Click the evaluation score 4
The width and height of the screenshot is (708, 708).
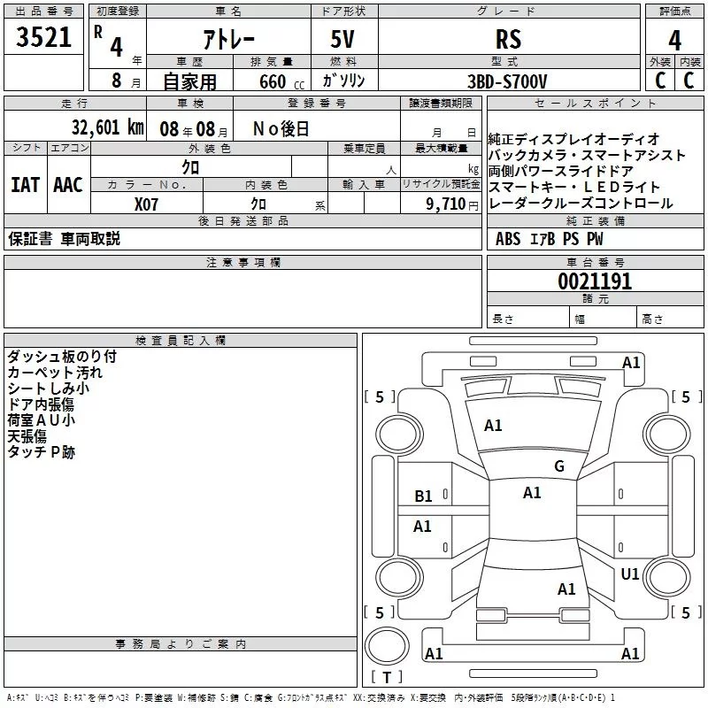(x=675, y=40)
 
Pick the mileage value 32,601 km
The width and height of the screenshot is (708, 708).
(x=107, y=127)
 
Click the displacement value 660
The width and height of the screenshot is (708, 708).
(x=273, y=81)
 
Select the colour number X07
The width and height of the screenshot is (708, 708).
(x=147, y=203)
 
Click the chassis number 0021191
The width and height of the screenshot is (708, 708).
(x=595, y=281)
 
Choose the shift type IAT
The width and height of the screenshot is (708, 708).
(x=25, y=184)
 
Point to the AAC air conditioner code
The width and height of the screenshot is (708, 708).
(x=68, y=184)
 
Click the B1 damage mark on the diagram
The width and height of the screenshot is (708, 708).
(x=423, y=496)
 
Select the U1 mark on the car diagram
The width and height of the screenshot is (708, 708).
(x=629, y=573)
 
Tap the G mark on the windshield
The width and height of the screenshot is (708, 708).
(x=558, y=466)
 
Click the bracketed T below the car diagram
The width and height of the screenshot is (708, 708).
(x=387, y=678)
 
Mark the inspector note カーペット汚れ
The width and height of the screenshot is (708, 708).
(x=55, y=373)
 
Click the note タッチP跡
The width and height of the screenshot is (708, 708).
(x=42, y=452)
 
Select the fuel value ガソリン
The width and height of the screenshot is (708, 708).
(x=344, y=81)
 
